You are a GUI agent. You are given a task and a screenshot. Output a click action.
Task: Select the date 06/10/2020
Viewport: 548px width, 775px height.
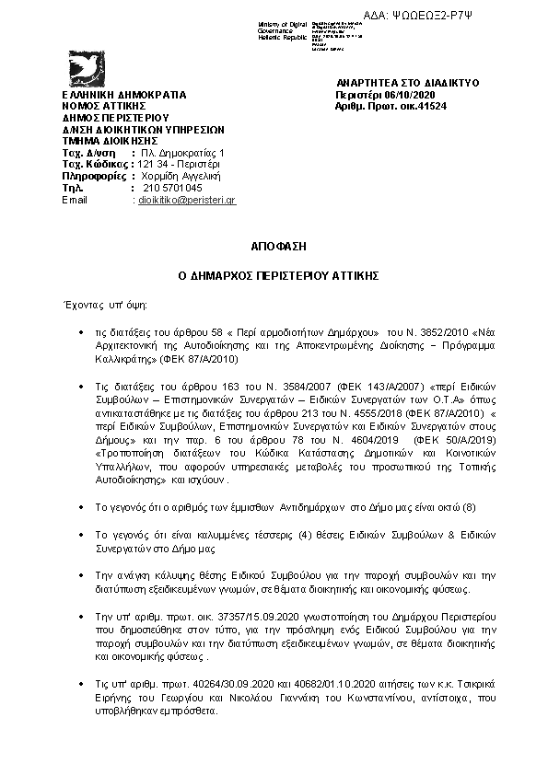398,94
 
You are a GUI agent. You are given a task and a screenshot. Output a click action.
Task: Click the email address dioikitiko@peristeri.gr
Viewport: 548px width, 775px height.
186,200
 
